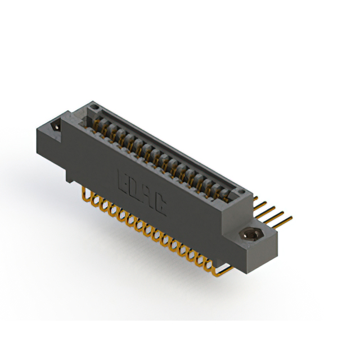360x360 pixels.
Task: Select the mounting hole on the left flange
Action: pos(57,128)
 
